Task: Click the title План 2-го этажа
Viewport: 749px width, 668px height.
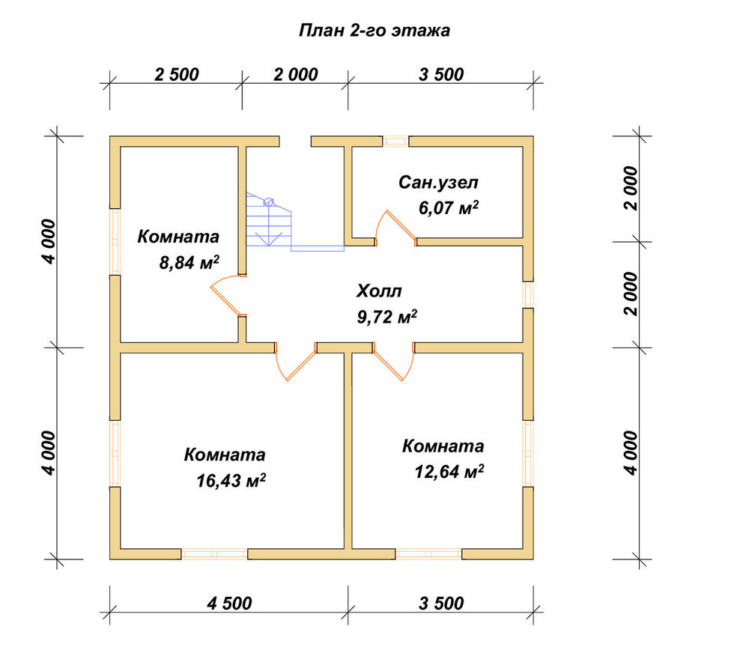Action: [374, 31]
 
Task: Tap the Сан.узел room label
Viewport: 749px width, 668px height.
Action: [438, 183]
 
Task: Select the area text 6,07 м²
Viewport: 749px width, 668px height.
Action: [449, 207]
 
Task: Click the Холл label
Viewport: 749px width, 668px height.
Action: [379, 291]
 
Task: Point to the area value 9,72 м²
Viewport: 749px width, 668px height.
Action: [387, 316]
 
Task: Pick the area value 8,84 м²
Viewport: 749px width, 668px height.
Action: [189, 262]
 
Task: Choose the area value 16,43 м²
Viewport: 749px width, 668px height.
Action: [231, 480]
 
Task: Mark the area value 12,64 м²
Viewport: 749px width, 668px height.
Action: [449, 472]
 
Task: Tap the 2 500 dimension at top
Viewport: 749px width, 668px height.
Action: [176, 74]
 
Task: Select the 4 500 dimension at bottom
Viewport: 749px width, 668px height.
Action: [229, 604]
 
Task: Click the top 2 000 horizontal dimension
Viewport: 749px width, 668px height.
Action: [296, 74]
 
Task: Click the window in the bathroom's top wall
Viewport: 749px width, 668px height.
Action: [395, 142]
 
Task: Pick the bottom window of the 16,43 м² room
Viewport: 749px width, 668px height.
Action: [214, 554]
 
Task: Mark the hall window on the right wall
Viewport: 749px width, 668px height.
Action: [528, 294]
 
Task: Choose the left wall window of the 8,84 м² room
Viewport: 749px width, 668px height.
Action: [115, 242]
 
